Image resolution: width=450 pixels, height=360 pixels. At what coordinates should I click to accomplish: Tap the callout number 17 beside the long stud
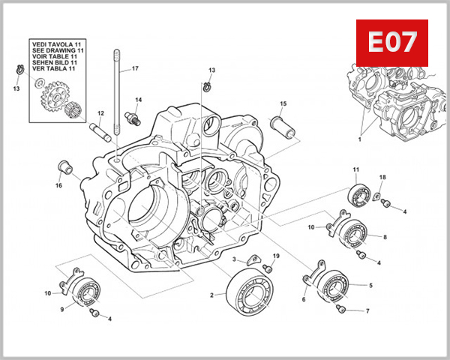point(136,68)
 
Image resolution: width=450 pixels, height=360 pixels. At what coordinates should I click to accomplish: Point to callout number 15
point(283,103)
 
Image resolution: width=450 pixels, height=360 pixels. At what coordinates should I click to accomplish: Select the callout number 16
point(58,185)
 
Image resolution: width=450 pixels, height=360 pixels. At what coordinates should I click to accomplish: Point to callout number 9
point(61,307)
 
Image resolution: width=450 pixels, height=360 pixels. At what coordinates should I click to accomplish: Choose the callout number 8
point(385,237)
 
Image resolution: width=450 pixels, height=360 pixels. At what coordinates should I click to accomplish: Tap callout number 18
point(382,177)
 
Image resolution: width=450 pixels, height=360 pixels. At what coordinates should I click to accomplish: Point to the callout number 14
point(138,99)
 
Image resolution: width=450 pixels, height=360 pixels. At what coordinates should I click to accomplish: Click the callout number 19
point(276,256)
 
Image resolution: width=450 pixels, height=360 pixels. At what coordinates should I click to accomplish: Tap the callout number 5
point(370,286)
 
